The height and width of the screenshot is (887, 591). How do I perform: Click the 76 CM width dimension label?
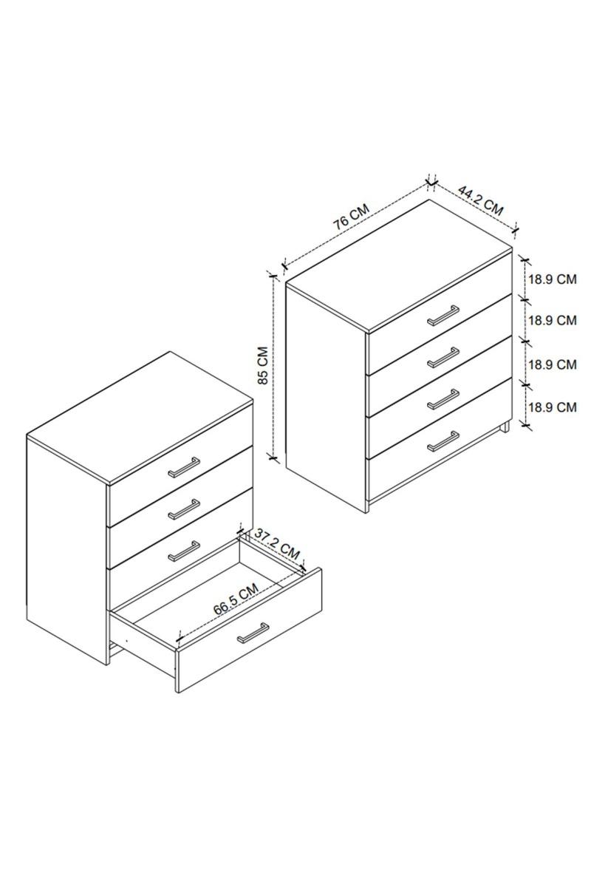point(351,217)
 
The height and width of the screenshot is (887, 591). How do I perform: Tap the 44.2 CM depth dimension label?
point(480,200)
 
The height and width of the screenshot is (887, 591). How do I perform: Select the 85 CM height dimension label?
point(262,365)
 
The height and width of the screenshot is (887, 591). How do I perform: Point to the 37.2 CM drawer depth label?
point(276,545)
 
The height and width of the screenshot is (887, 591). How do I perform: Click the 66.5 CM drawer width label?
point(236,599)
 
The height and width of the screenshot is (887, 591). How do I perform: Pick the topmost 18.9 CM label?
point(553,279)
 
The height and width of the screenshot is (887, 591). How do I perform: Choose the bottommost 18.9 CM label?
point(553,407)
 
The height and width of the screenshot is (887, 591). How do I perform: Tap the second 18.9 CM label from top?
point(553,320)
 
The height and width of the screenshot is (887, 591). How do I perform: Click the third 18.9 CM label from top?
point(553,364)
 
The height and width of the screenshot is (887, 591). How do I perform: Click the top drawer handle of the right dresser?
point(443,316)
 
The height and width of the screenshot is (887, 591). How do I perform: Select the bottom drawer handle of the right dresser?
point(443,441)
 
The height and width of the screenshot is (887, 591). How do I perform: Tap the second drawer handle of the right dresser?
point(443,358)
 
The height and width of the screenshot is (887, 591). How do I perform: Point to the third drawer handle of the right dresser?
point(443,400)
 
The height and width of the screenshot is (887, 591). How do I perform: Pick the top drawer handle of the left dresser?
point(184,467)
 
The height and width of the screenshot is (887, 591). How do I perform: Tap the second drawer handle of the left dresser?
point(184,509)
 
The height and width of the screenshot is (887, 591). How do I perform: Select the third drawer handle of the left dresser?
point(184,551)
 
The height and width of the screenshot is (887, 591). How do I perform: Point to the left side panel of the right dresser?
point(327,399)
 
